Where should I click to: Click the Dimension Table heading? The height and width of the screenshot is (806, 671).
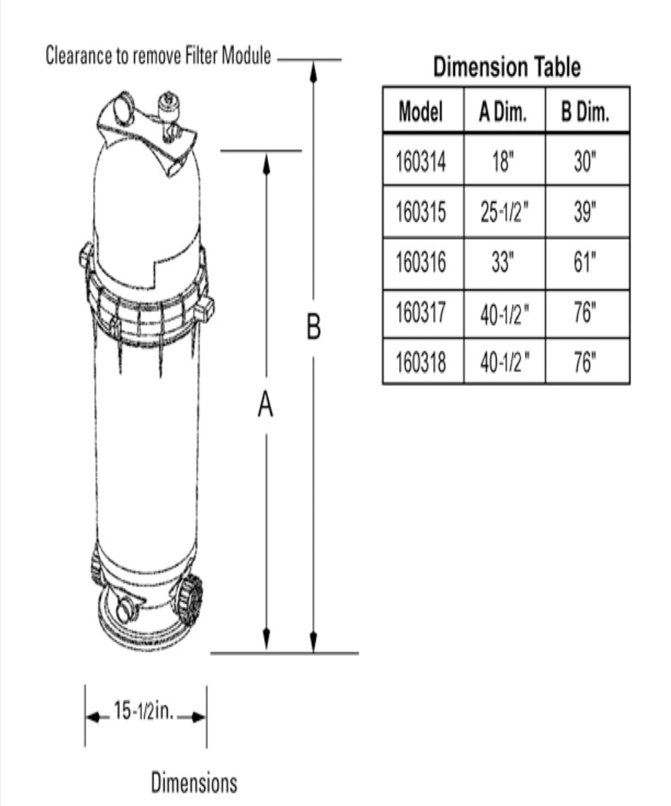click(507, 67)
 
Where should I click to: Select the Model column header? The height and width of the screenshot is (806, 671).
click(421, 111)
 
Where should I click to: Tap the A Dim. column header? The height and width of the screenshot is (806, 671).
click(503, 111)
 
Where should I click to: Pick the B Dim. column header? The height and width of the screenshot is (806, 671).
click(585, 111)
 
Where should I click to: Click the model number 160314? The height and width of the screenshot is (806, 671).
click(421, 160)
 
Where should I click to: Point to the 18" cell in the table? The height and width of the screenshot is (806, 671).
click(503, 160)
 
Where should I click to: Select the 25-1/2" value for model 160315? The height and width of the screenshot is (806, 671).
click(503, 212)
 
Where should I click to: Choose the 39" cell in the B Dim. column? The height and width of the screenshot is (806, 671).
click(585, 212)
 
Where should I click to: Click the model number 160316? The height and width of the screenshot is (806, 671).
click(421, 262)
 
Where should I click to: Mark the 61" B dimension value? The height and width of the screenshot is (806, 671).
click(585, 262)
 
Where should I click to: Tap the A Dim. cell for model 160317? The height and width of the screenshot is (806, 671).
click(503, 314)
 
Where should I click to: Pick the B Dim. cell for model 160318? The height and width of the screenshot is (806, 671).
click(585, 361)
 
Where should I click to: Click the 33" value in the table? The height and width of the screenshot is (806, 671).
click(503, 262)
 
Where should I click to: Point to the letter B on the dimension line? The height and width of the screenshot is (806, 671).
click(314, 326)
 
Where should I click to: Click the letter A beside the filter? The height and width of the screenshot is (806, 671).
click(265, 405)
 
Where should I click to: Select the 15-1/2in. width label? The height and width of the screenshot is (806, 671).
click(144, 712)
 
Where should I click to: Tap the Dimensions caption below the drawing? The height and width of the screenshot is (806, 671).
click(194, 782)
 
